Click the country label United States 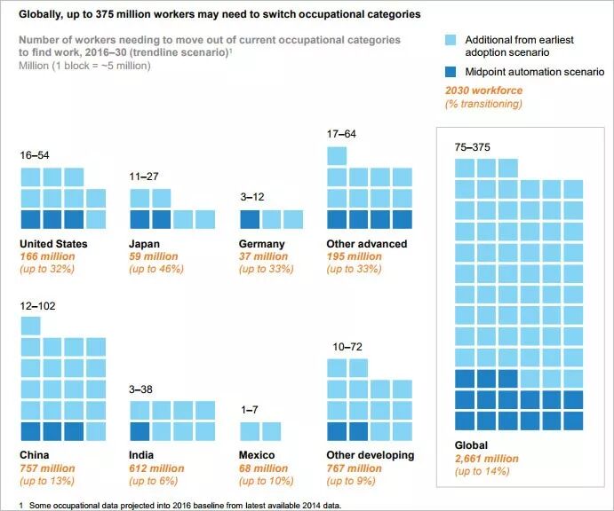[x=54, y=244]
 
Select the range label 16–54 [x=35, y=155]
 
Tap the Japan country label [x=147, y=244]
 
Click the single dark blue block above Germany [x=250, y=220]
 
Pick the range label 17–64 [x=342, y=134]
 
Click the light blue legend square [x=451, y=40]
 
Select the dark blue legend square [x=451, y=71]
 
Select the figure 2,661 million [x=487, y=458]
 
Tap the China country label [x=36, y=455]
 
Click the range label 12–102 [x=37, y=305]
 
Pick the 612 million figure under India [x=157, y=468]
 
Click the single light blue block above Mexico [x=250, y=431]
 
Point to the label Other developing [x=371, y=455]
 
